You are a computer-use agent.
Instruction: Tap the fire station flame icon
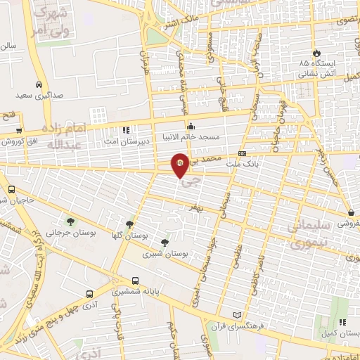pyautogui.click(x=316, y=53)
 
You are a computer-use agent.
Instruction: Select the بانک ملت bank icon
pyautogui.click(x=243, y=153)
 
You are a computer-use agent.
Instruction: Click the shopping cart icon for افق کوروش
pyautogui.click(x=19, y=130)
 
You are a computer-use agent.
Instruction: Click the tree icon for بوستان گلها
pyautogui.click(x=129, y=223)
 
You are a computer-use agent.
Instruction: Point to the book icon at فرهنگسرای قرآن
pyautogui.click(x=237, y=314)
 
